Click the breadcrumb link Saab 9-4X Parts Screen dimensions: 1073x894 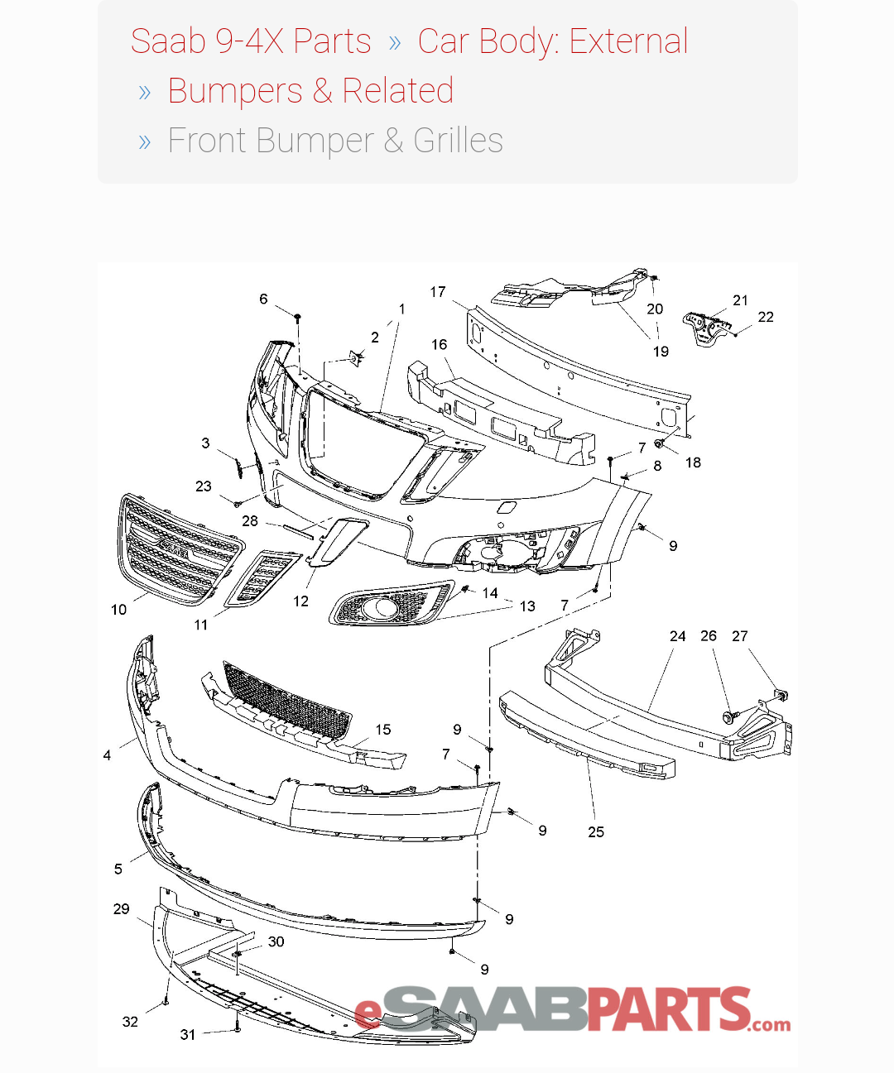(251, 41)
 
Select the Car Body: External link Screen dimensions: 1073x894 (552, 41)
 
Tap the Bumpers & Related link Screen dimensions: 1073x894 (310, 91)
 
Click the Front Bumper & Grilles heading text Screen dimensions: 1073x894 (335, 141)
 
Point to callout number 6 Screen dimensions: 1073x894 (263, 299)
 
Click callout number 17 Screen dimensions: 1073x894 (438, 292)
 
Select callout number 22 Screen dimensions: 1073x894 (766, 317)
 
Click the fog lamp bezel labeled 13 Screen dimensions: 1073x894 (389, 606)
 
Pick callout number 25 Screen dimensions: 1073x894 (596, 831)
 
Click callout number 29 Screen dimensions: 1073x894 (121, 908)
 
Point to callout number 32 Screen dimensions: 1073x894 (130, 1022)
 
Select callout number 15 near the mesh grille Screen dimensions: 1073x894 (383, 730)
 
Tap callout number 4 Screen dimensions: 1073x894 (107, 754)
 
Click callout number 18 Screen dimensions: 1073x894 (693, 462)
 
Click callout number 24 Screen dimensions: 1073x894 (677, 636)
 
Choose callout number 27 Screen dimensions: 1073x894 (739, 636)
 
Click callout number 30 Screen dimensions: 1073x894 (276, 941)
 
